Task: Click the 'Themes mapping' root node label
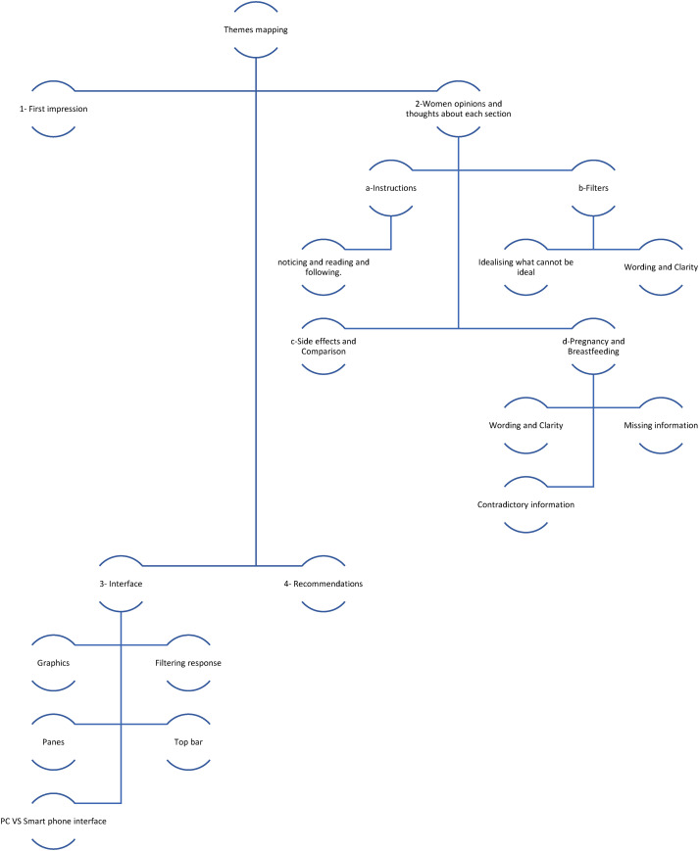point(255,30)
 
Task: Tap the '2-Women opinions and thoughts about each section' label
point(459,109)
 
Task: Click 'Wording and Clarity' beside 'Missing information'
point(526,426)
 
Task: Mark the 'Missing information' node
point(661,426)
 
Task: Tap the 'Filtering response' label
point(188,663)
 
